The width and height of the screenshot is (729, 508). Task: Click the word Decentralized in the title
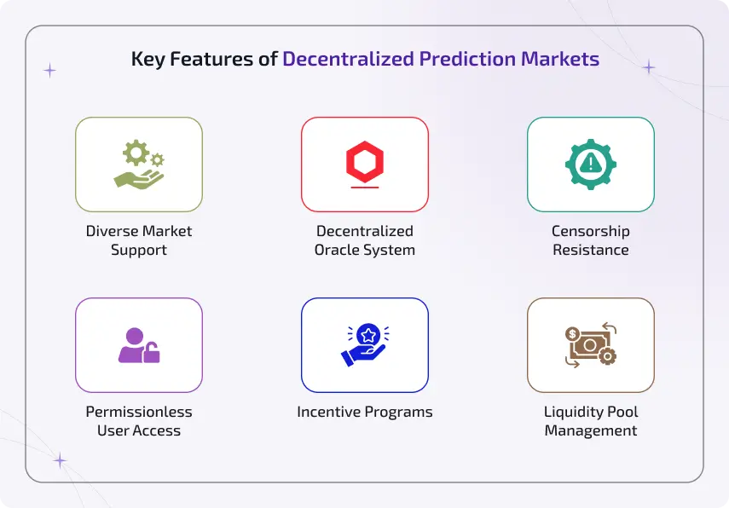tap(348, 60)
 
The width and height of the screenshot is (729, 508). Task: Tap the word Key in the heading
tap(146, 60)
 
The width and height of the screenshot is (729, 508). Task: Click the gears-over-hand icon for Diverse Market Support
tap(139, 165)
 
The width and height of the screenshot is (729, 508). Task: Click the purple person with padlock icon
tap(139, 344)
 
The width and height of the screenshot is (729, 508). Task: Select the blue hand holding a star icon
tap(364, 344)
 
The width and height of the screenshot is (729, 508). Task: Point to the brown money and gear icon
tap(590, 344)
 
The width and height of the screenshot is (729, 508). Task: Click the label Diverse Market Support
tap(139, 240)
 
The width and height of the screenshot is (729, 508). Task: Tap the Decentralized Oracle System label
tap(364, 240)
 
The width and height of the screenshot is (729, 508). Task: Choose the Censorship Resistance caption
tap(590, 240)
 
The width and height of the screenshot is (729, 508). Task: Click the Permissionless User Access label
tap(139, 421)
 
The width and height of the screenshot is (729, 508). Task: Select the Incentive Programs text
tap(364, 412)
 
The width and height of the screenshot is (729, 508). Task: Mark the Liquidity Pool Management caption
tap(590, 421)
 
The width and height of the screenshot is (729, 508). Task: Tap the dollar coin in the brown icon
tap(572, 333)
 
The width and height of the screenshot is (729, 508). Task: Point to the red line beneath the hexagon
tap(364, 188)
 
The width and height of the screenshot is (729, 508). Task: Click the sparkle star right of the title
tap(649, 67)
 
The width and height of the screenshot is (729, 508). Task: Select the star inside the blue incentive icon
tap(367, 333)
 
